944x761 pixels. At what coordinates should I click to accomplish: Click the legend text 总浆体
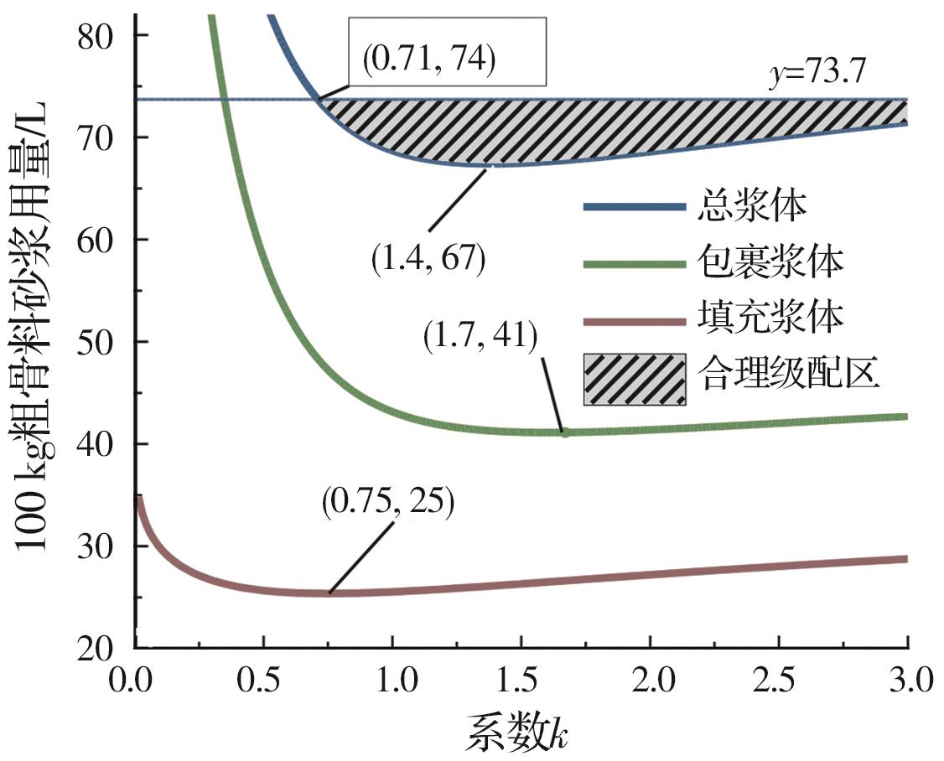(751, 207)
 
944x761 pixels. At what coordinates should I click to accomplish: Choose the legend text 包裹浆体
(769, 262)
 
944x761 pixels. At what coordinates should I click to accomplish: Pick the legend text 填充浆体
(769, 318)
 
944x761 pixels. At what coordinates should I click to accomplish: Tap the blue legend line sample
(634, 207)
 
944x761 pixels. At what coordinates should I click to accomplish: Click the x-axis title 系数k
(520, 733)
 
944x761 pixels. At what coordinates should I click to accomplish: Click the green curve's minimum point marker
(565, 432)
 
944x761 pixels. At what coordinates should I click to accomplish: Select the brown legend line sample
(634, 319)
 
